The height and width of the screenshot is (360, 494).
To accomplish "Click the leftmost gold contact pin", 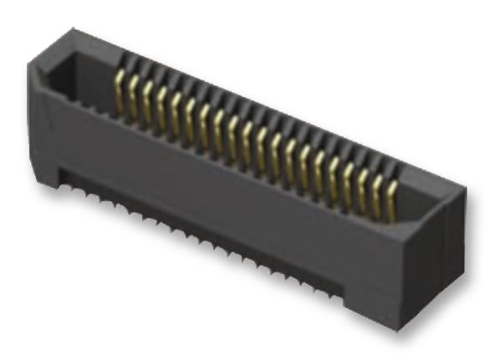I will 120,92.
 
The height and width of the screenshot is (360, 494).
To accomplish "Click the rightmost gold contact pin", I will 391,199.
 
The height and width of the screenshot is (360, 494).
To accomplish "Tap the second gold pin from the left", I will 134,98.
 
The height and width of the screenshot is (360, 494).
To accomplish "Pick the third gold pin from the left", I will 148,104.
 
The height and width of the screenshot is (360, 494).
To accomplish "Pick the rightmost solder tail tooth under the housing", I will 334,292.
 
